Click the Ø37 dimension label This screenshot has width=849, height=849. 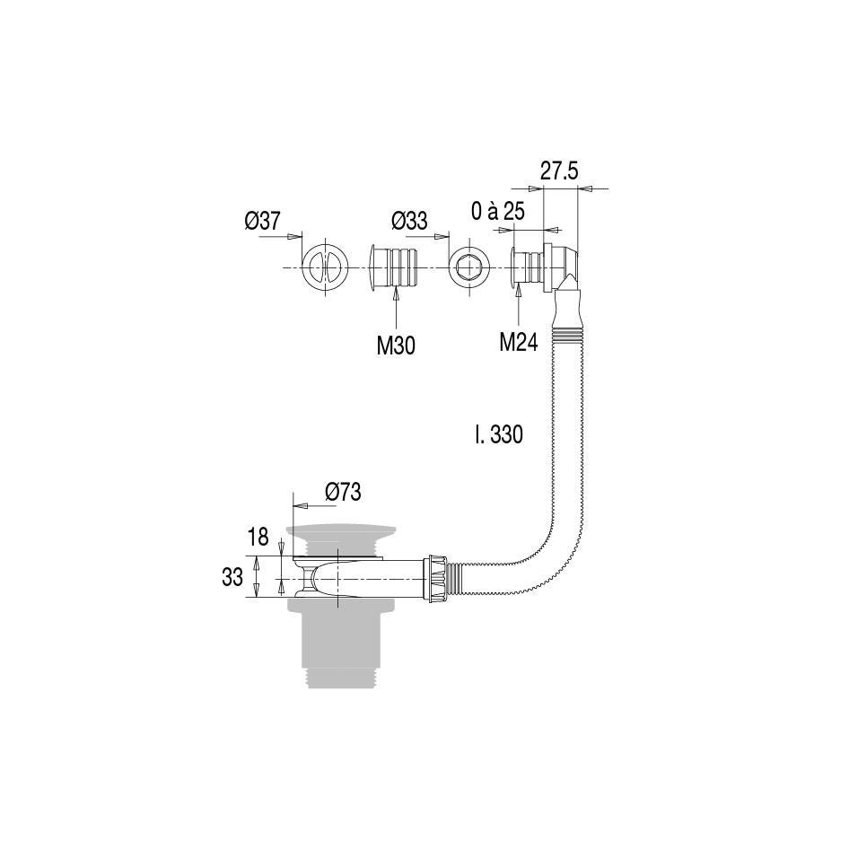coord(263,221)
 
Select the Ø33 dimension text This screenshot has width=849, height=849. coord(409,221)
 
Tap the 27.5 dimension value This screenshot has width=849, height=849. coord(559,171)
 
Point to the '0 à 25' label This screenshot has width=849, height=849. coord(497,211)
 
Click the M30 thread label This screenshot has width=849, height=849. coord(396,346)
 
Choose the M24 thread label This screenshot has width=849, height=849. coord(518,342)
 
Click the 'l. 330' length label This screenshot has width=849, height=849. coord(499,434)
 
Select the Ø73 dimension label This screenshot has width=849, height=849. coord(343,492)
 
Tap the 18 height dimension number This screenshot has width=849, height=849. coord(258,537)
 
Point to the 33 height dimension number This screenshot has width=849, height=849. coord(232,577)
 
